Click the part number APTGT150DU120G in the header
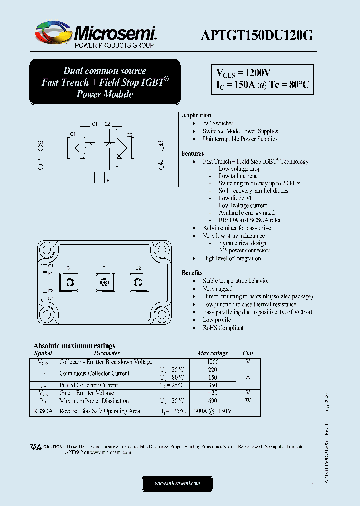pyautogui.click(x=257, y=35)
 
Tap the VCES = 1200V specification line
pyautogui.click(x=243, y=73)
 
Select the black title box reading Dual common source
pyautogui.click(x=105, y=82)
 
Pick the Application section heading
pyautogui.click(x=196, y=115)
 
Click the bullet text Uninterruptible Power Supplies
pyautogui.click(x=240, y=139)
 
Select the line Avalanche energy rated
pyautogui.click(x=247, y=212)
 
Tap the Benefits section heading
pyautogui.click(x=192, y=273)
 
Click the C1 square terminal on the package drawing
pyautogui.click(x=70, y=283)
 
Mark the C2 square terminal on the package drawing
pyautogui.click(x=138, y=283)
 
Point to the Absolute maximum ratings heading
pyautogui.click(x=74, y=345)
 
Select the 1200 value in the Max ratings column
pyautogui.click(x=212, y=361)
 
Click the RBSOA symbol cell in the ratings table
pyautogui.click(x=43, y=411)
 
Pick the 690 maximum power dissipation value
pyautogui.click(x=212, y=401)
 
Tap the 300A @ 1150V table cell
pyautogui.click(x=212, y=411)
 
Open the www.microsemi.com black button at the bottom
pyautogui.click(x=177, y=483)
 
